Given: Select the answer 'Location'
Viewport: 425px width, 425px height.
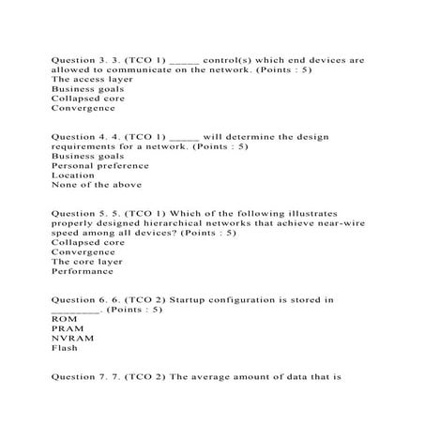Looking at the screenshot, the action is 73,175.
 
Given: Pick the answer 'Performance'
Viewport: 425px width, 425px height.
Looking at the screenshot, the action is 82,271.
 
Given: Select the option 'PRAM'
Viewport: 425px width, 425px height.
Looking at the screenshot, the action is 66,328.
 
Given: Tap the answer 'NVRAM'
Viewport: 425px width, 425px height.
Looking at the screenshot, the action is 70,339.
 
